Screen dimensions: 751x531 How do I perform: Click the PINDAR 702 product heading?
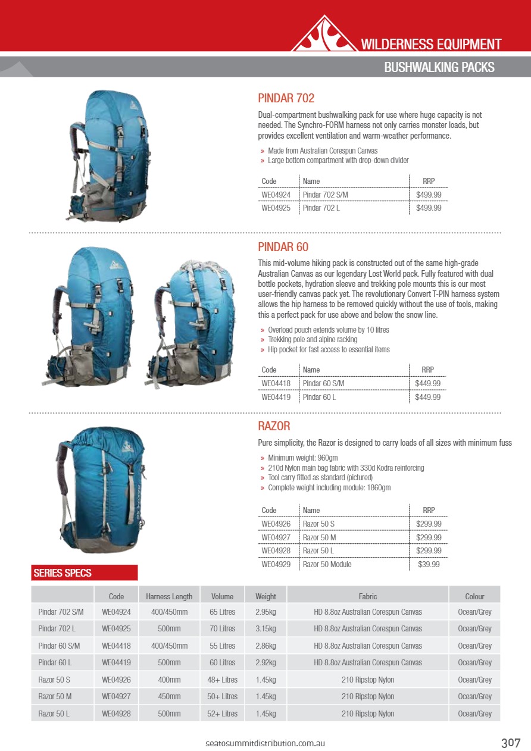(x=286, y=98)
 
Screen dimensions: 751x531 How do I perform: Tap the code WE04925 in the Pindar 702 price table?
(x=276, y=208)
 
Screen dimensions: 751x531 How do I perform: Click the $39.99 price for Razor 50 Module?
(x=429, y=564)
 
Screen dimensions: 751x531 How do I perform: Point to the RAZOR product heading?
(x=274, y=426)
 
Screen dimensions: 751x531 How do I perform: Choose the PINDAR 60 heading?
(x=283, y=247)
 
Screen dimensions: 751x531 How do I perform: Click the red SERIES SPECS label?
(x=84, y=573)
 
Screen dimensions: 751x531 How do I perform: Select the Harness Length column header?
(x=169, y=596)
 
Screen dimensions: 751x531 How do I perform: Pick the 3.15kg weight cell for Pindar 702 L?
(x=265, y=628)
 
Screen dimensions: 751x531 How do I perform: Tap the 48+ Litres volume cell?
(x=222, y=680)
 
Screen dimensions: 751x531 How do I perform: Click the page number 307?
(x=511, y=743)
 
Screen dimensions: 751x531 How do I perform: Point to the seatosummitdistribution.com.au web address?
(x=265, y=743)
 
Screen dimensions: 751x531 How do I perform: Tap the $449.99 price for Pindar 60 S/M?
(x=427, y=384)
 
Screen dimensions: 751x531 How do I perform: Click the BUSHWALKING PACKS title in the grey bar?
(x=439, y=67)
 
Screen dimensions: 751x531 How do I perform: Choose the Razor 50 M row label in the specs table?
(x=54, y=696)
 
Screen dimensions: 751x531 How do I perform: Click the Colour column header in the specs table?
(x=474, y=596)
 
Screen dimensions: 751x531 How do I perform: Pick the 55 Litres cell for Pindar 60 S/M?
(x=222, y=646)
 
